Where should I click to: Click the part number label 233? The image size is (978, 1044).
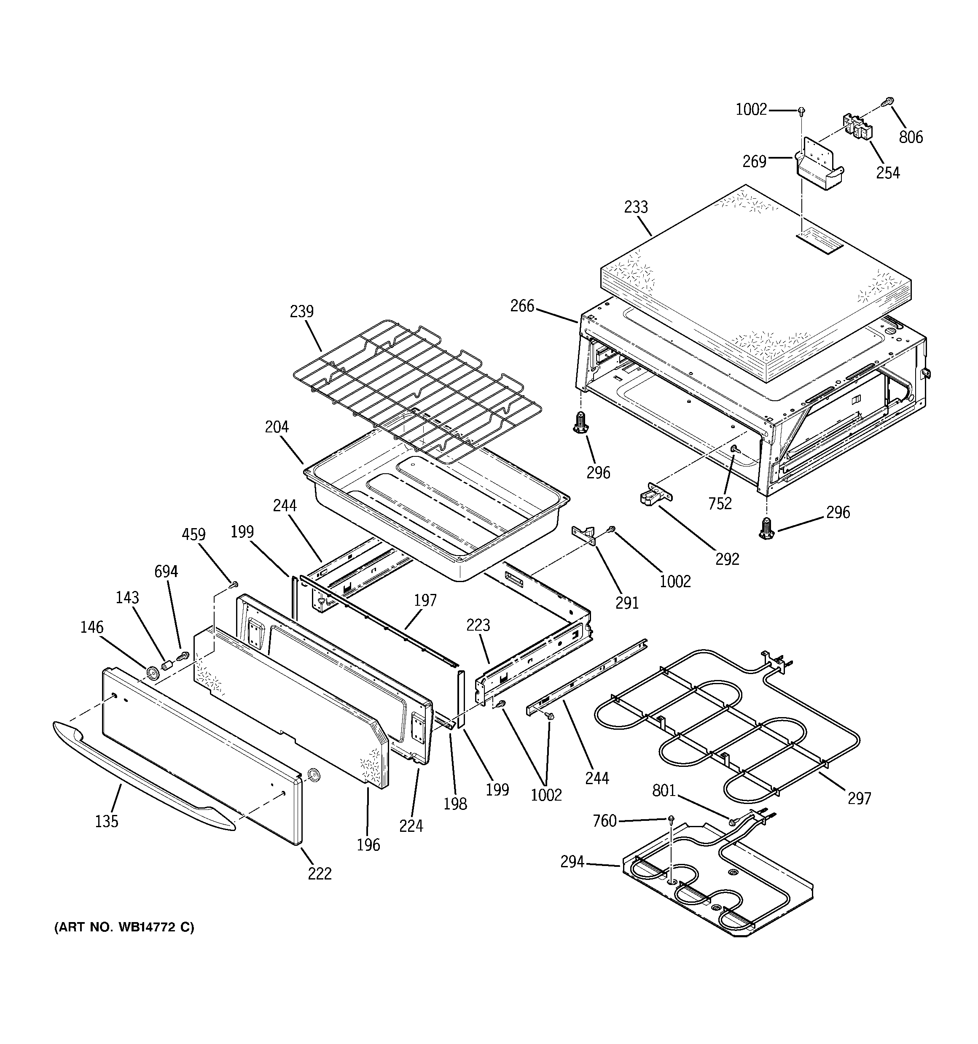[x=636, y=208]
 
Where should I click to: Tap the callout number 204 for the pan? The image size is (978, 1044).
[x=277, y=427]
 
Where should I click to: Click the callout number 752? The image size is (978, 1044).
[x=720, y=503]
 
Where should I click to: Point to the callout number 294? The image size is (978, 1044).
[x=572, y=862]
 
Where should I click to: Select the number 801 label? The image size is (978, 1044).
[x=664, y=790]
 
